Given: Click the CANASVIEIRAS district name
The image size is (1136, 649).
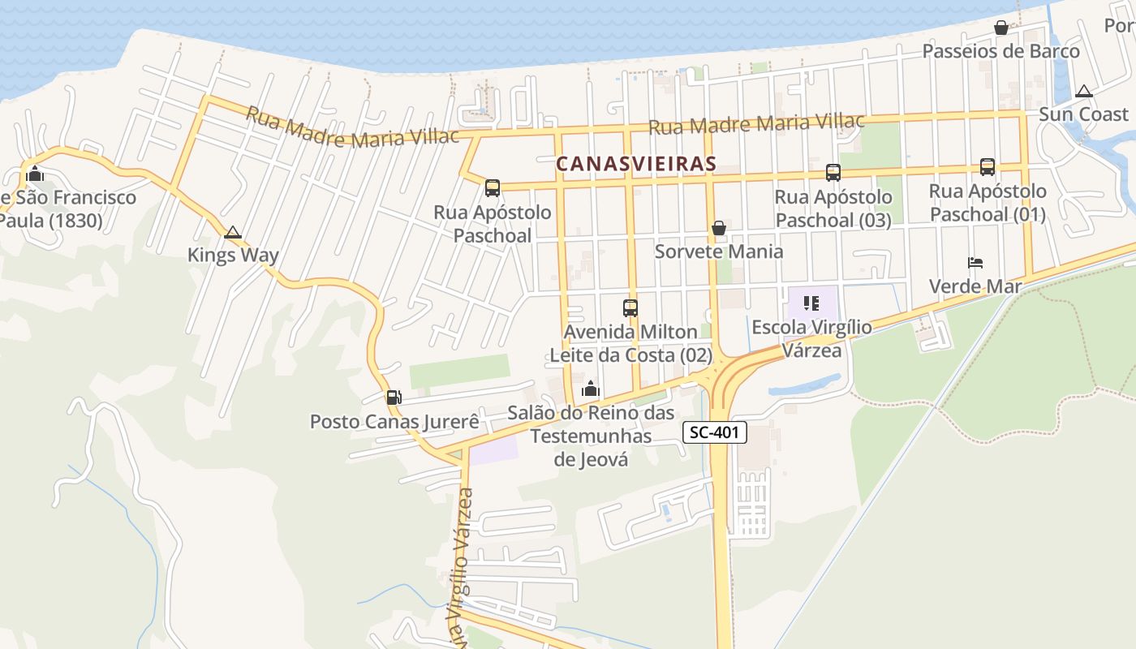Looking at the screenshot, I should point(636,164).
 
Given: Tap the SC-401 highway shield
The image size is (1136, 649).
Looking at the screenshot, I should point(714,432).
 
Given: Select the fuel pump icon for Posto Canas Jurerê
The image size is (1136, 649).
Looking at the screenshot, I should point(394,397).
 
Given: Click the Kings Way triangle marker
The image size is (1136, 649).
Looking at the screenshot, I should point(233,233).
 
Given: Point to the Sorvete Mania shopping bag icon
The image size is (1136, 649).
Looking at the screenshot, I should point(718,229).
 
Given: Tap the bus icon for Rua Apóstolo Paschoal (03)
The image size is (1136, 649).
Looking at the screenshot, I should point(833,172).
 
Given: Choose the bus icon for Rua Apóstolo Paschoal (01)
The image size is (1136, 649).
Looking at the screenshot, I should point(987,167).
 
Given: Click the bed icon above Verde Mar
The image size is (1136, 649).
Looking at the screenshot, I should point(975,263).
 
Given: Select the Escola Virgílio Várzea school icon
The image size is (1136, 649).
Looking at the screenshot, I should point(810,303).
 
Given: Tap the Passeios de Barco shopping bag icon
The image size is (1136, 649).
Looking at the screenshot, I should point(1001,28).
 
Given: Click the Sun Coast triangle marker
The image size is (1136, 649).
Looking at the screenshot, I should point(1083,92).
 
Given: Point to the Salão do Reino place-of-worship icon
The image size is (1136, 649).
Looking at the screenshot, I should point(591,389).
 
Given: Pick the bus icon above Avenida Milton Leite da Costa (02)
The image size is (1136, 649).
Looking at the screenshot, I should point(630,308).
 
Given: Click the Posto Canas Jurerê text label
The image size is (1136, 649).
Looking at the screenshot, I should point(394,422).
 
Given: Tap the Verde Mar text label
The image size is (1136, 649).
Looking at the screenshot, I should point(975,286).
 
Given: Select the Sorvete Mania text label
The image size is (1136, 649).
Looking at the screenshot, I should point(719,251).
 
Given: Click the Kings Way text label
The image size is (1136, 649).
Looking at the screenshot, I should point(233,256).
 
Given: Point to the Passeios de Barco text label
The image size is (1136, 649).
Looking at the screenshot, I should point(1001,51).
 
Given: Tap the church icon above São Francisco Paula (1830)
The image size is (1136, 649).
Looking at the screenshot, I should point(34,173).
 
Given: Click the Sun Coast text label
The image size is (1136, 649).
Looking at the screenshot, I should point(1083,114).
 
